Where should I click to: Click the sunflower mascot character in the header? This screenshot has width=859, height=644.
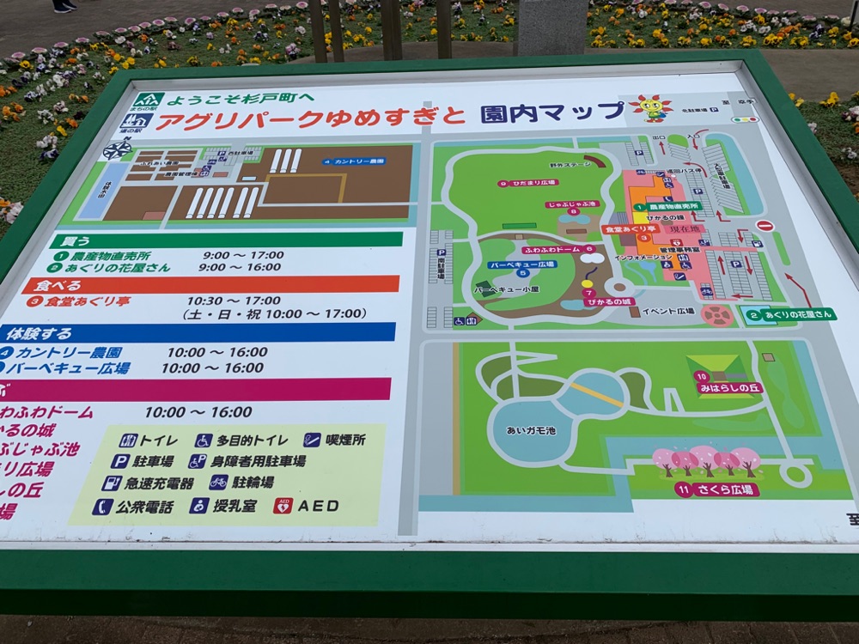tap(650, 107)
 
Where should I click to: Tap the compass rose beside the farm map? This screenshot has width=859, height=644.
tap(117, 149)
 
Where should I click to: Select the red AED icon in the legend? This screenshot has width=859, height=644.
tap(283, 506)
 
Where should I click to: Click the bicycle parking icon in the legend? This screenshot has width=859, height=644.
tap(219, 482)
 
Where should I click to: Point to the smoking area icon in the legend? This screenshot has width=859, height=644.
tap(312, 440)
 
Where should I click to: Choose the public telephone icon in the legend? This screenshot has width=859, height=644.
tap(101, 507)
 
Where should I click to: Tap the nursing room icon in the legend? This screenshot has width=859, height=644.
tap(199, 506)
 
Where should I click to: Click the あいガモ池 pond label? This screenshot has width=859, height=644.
tap(531, 428)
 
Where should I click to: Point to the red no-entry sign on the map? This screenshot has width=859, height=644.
tap(765, 226)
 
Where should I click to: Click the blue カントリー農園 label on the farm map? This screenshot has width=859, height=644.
tap(354, 161)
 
